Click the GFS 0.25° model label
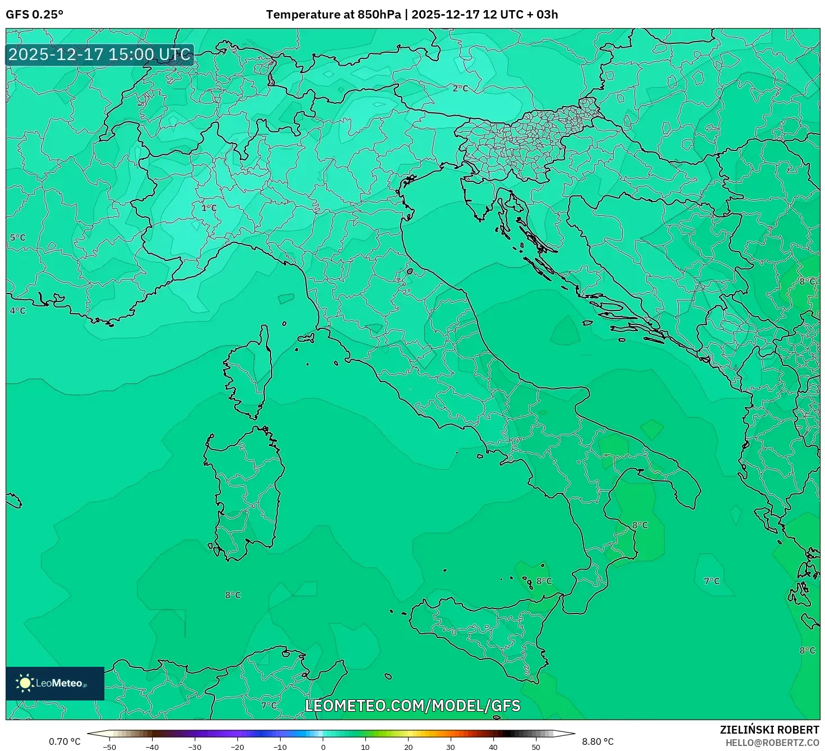[34, 15]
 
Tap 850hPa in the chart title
[379, 15]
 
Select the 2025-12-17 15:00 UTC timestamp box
[100, 54]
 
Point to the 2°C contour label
[460, 88]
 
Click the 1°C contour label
[209, 208]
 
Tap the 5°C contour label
[18, 237]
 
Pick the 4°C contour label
[18, 310]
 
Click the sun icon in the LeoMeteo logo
[25, 683]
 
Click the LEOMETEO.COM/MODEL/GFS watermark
[412, 706]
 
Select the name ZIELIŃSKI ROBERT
[769, 730]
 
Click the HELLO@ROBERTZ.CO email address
[772, 743]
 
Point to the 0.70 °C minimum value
[65, 741]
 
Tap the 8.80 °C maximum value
[598, 741]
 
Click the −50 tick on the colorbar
[109, 747]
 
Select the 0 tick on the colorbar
[323, 747]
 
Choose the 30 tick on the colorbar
[451, 747]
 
